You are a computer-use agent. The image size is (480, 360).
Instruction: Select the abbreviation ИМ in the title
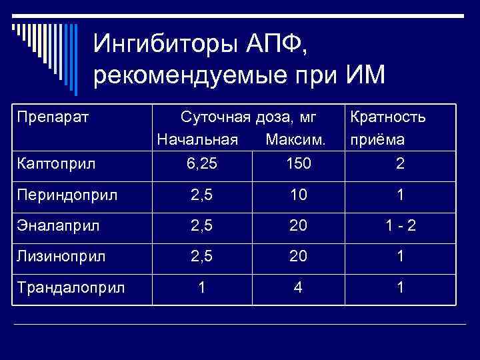click(x=365, y=75)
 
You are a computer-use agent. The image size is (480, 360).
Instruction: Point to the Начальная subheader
click(x=197, y=140)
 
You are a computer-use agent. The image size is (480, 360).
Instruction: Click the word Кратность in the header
click(x=387, y=117)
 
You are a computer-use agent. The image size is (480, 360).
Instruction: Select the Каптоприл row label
click(x=57, y=163)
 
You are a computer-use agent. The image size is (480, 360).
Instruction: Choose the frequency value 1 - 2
click(x=400, y=227)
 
